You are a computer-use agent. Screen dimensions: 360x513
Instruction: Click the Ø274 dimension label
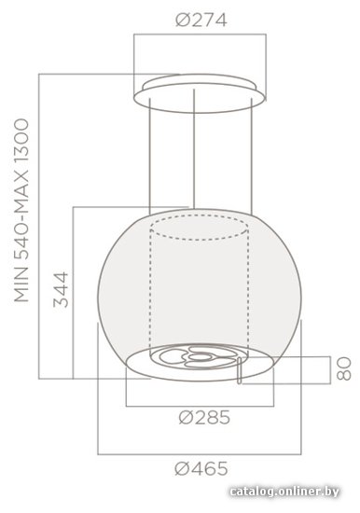point(201,20)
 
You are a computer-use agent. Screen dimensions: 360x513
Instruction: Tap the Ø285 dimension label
point(204,418)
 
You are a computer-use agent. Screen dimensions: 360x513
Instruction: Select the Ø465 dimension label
point(201,468)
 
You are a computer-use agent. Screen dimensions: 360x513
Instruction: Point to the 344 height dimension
point(61,289)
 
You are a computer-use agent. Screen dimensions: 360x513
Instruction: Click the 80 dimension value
point(343,369)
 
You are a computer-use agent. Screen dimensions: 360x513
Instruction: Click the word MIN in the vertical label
point(22,284)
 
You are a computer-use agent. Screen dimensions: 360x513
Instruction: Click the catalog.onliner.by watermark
point(284,491)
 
